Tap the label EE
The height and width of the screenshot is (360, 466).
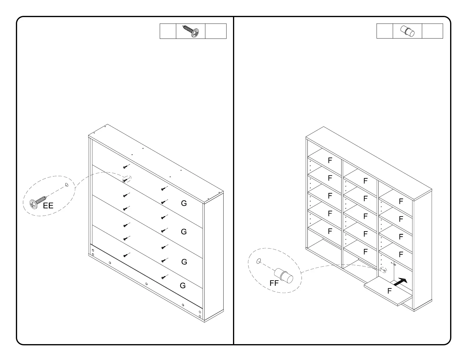click(x=48, y=206)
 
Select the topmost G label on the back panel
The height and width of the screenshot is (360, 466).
click(x=184, y=203)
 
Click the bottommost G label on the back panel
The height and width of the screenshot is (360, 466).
click(x=183, y=286)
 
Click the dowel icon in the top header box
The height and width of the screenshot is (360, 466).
click(x=407, y=31)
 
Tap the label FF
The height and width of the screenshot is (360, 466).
click(x=274, y=283)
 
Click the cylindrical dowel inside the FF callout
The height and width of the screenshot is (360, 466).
click(x=284, y=275)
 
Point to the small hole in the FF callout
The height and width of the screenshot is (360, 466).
click(x=259, y=261)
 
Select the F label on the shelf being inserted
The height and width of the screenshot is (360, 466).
click(x=390, y=291)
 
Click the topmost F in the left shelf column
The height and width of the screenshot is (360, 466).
click(x=330, y=160)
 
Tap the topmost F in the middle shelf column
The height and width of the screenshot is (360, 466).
click(x=365, y=181)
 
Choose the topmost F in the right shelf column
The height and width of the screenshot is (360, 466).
click(x=401, y=201)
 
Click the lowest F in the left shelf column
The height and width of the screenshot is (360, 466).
click(x=330, y=231)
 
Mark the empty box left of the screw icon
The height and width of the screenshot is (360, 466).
click(x=168, y=31)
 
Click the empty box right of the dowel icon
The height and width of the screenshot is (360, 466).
click(x=432, y=31)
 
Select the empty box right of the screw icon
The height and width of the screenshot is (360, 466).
click(x=216, y=31)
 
